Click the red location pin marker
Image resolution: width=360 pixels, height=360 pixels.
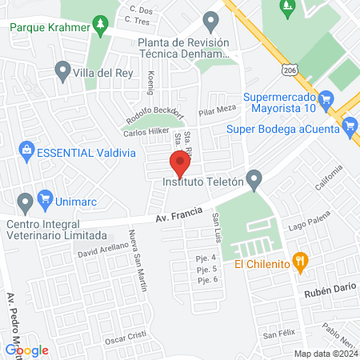pyautogui.click(x=180, y=164)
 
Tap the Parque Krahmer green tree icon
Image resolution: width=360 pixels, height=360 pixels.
pyautogui.click(x=99, y=25)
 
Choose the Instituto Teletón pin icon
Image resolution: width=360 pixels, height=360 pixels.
pyautogui.click(x=254, y=180)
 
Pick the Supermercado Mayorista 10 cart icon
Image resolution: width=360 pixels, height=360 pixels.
pyautogui.click(x=326, y=100)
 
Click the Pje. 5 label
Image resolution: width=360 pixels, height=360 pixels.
pyautogui.click(x=206, y=268)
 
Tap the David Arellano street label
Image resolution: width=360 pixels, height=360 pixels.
pyautogui.click(x=102, y=250)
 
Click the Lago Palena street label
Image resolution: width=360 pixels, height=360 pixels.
pyautogui.click(x=308, y=227)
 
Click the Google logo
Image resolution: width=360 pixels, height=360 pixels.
pyautogui.click(x=27, y=350)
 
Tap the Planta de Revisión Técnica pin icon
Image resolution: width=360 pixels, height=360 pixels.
pyautogui.click(x=211, y=20)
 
